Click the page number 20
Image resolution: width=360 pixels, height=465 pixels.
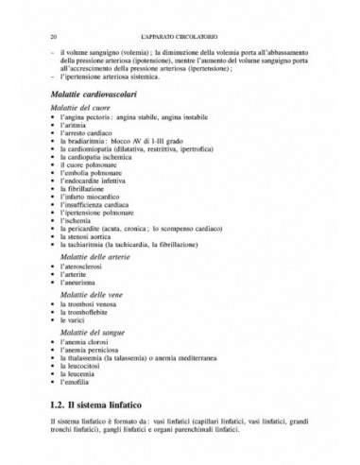[x=33, y=35]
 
